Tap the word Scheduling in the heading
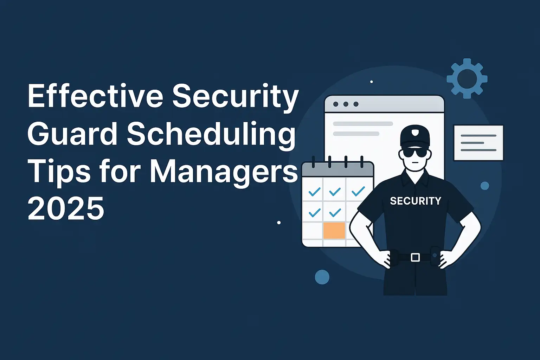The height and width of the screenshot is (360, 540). click(x=211, y=135)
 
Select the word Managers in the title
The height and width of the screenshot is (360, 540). click(x=224, y=172)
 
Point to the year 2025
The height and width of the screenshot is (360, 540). click(x=66, y=208)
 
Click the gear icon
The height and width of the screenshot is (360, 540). click(x=467, y=78)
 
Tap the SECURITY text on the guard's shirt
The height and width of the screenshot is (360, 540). click(x=416, y=201)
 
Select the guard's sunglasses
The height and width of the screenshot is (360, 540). click(x=415, y=153)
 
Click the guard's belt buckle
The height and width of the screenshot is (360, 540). click(x=415, y=257)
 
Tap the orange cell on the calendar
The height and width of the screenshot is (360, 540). click(x=334, y=231)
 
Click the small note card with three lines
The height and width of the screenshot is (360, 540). click(x=478, y=143)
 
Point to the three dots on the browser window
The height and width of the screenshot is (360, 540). click(x=346, y=104)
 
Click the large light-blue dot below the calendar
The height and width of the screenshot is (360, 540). click(x=322, y=277)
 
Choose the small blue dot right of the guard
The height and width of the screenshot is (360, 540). click(x=484, y=186)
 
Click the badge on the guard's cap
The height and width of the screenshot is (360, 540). click(x=415, y=133)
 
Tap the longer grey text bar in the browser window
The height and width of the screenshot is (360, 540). click(x=362, y=124)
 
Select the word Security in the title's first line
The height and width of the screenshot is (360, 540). click(x=235, y=96)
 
